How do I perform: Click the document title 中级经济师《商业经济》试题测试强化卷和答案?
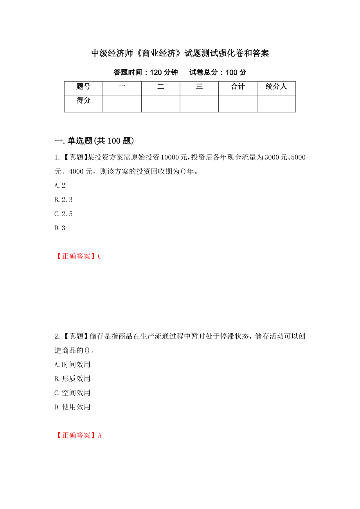180,54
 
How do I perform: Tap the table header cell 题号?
83,87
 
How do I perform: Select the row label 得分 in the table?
83,101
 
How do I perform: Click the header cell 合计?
238,87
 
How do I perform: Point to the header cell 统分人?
276,87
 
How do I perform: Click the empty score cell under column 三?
199,104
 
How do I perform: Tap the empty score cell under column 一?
122,104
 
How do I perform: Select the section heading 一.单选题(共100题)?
94,141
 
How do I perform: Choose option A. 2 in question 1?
60,186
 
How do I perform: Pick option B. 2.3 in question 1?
63,200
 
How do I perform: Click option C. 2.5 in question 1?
63,214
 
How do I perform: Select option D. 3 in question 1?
60,228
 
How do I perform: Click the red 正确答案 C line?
78,256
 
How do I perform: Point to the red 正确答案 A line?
78,436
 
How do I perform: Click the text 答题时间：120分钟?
146,72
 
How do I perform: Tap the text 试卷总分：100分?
218,72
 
